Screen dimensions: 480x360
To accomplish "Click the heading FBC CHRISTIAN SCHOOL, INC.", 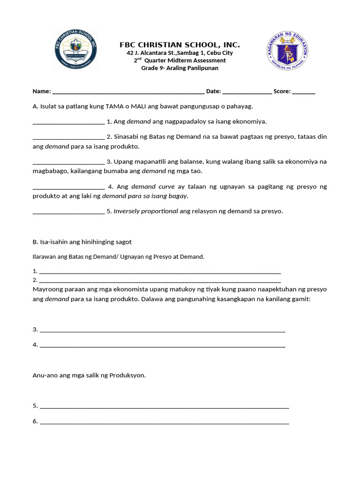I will tap(180, 45).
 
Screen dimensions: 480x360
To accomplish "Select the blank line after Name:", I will tap(128, 92).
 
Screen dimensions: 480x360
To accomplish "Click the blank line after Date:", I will tap(247, 92).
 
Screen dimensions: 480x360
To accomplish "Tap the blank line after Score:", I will tap(304, 92).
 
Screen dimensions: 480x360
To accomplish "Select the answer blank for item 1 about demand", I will tap(68, 122).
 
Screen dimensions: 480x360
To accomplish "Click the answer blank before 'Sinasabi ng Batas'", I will tap(68, 137).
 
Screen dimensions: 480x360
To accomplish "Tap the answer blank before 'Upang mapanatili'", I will tap(68, 162).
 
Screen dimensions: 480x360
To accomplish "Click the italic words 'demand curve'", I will tap(153, 187).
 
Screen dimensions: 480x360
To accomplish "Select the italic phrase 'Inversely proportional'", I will tap(146, 211).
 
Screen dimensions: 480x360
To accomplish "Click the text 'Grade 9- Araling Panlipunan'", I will tap(180, 68).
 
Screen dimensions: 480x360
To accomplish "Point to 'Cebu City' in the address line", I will tap(219, 53).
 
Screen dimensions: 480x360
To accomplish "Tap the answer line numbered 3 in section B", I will tap(162, 330).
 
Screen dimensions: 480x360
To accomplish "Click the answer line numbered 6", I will tap(164, 422).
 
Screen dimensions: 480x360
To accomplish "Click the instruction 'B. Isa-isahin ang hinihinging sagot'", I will tap(82, 242).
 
